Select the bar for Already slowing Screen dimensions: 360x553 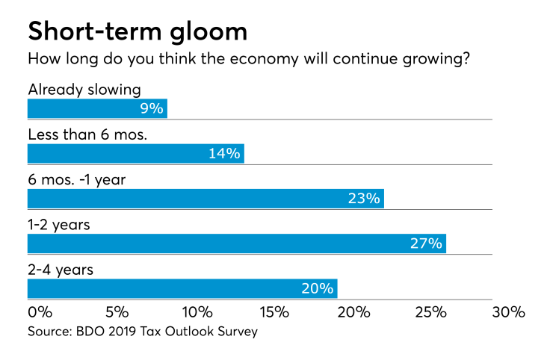pyautogui.click(x=97, y=109)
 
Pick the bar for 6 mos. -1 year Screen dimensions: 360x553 pyautogui.click(x=206, y=199)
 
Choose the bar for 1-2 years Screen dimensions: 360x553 pyautogui.click(x=236, y=243)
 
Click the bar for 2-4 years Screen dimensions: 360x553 pyautogui.click(x=182, y=288)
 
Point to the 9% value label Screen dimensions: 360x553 pyautogui.click(x=151, y=109)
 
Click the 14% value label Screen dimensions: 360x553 pyautogui.click(x=224, y=154)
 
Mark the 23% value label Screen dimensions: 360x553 pyautogui.click(x=365, y=199)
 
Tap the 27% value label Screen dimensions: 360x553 pyautogui.click(x=426, y=243)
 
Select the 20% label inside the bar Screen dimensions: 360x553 pyautogui.click(x=318, y=288)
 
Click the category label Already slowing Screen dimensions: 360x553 pyautogui.click(x=84, y=90)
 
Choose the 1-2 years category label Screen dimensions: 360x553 pyautogui.click(x=59, y=225)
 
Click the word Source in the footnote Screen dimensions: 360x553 pyautogui.click(x=47, y=331)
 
